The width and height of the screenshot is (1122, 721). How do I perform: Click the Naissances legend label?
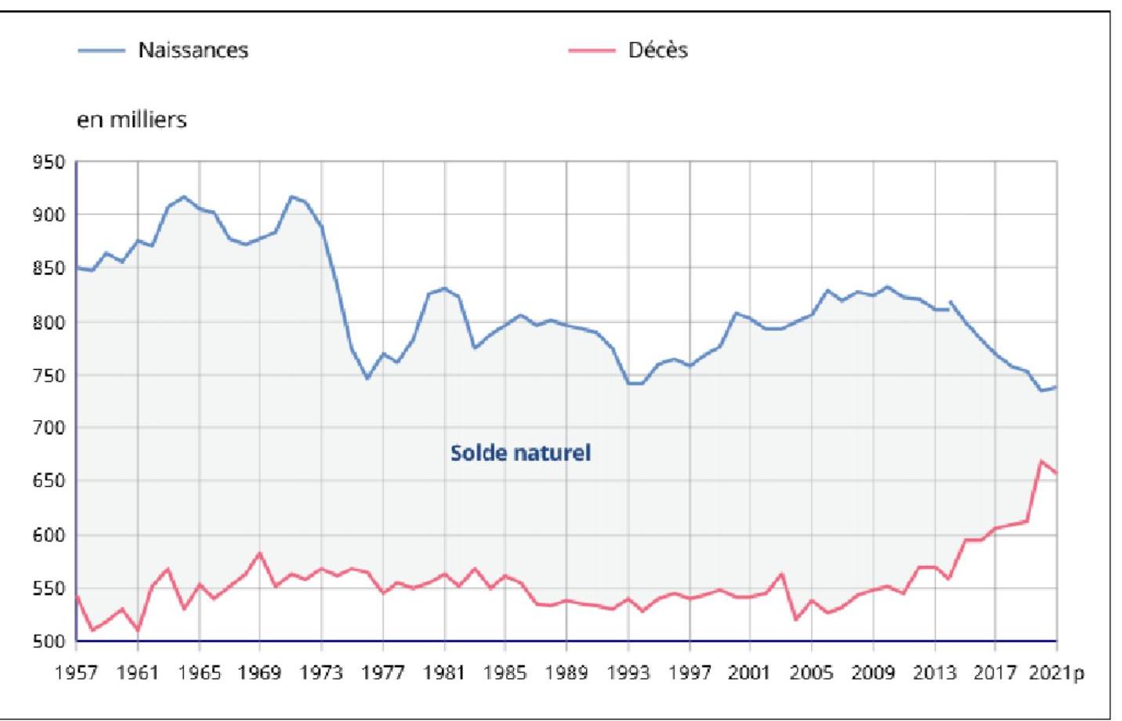pyautogui.click(x=193, y=50)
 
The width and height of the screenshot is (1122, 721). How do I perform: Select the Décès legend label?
pyautogui.click(x=657, y=50)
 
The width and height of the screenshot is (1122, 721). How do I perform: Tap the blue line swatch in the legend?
pyautogui.click(x=102, y=51)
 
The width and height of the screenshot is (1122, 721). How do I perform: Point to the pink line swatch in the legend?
pyautogui.click(x=592, y=51)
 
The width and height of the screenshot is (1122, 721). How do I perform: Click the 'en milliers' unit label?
pyautogui.click(x=132, y=120)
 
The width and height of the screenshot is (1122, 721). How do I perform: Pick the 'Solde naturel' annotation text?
pyautogui.click(x=520, y=453)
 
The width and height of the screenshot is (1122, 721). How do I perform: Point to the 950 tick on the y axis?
pyautogui.click(x=49, y=162)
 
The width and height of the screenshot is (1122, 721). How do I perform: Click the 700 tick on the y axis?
pyautogui.click(x=49, y=428)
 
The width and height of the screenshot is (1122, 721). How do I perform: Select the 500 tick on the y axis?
pyautogui.click(x=49, y=641)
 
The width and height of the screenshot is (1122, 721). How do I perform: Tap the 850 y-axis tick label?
pyautogui.click(x=49, y=269)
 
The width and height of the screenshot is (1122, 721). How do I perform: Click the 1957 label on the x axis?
pyautogui.click(x=76, y=672)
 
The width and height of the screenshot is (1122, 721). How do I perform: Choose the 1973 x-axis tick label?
pyautogui.click(x=321, y=672)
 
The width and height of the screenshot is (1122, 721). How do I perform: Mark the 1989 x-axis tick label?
pyautogui.click(x=566, y=672)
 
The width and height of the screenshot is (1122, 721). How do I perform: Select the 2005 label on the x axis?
pyautogui.click(x=812, y=672)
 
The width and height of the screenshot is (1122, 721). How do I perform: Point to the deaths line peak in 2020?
pyautogui.click(x=1042, y=461)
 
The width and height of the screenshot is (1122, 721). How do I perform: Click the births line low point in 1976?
pyautogui.click(x=367, y=379)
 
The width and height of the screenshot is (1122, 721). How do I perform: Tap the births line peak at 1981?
pyautogui.click(x=444, y=288)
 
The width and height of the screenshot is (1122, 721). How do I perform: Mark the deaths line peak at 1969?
pyautogui.click(x=260, y=553)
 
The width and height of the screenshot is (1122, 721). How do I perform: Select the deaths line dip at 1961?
pyautogui.click(x=138, y=630)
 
